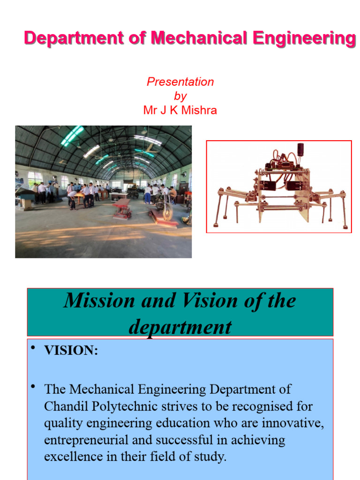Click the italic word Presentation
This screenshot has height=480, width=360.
[180, 82]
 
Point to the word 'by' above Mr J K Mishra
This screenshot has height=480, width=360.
[180, 96]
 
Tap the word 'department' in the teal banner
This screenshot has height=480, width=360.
[180, 327]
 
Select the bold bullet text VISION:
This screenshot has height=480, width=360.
[71, 351]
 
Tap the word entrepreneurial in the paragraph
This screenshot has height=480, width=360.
[91, 440]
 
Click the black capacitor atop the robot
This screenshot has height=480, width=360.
[300, 150]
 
